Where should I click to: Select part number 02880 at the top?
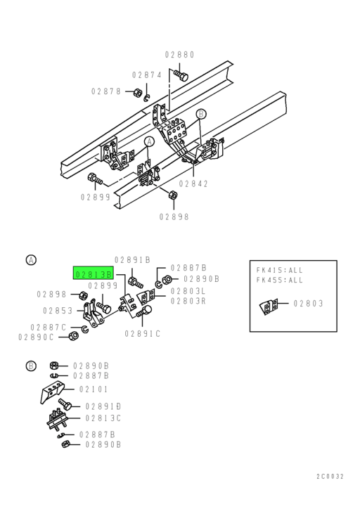tap(179, 55)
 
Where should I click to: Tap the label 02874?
tap(147, 75)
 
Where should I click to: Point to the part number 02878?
tap(105, 91)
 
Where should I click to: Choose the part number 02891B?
tap(132, 259)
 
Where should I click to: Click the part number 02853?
tap(58, 310)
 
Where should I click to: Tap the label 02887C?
tap(49, 327)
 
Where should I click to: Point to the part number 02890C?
tap(37, 337)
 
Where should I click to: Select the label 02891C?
tap(143, 333)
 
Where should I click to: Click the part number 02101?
tap(94, 389)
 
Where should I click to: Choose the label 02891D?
tap(103, 406)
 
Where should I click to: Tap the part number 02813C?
tap(103, 418)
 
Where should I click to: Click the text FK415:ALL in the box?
tap(279, 269)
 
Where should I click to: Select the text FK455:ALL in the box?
tap(279, 279)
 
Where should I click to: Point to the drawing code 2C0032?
tap(330, 477)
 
